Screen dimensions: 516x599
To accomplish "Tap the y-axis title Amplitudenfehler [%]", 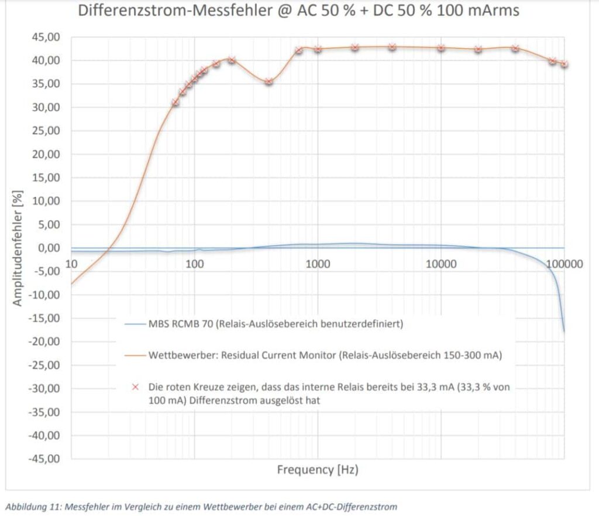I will click(18, 248).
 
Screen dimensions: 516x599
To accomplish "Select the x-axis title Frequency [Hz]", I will click(317, 470).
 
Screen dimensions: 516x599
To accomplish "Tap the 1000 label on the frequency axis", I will click(318, 264).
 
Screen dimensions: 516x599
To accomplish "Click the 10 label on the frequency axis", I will click(72, 264).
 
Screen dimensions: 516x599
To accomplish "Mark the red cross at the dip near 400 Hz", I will click(268, 81).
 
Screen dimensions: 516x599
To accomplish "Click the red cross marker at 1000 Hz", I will click(318, 49).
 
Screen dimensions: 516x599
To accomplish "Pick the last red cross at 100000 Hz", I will click(564, 64).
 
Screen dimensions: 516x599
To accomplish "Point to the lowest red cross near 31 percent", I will click(175, 102).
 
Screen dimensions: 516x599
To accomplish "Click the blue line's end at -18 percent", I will click(564, 332).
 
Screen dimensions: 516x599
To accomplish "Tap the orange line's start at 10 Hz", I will click(72, 284).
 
